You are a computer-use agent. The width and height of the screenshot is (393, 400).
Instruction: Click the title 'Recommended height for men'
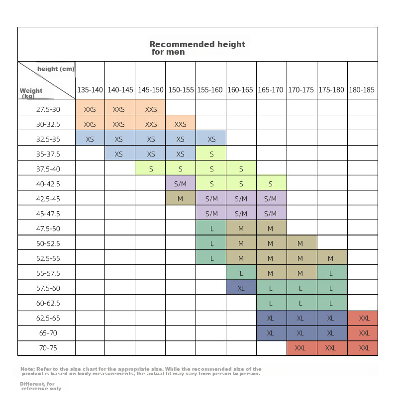(x=197, y=48)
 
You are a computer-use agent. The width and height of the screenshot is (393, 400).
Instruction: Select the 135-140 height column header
(x=90, y=90)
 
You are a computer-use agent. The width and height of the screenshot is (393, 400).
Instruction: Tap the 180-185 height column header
(x=362, y=90)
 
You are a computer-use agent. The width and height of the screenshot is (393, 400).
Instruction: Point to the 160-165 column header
(x=240, y=90)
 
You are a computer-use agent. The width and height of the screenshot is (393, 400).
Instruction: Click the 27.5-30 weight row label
(x=48, y=109)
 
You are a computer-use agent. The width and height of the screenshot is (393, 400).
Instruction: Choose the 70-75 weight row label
(x=48, y=348)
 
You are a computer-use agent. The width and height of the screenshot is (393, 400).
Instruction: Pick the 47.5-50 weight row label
(x=48, y=229)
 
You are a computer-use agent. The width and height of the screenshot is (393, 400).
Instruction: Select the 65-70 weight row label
(x=48, y=333)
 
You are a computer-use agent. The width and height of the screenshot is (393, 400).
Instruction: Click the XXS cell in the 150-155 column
(x=181, y=123)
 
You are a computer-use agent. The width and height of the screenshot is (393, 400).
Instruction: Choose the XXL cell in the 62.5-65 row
(x=363, y=318)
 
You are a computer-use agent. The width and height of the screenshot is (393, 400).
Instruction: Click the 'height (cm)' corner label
(x=56, y=69)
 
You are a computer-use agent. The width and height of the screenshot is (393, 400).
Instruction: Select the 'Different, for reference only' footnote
(x=41, y=386)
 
